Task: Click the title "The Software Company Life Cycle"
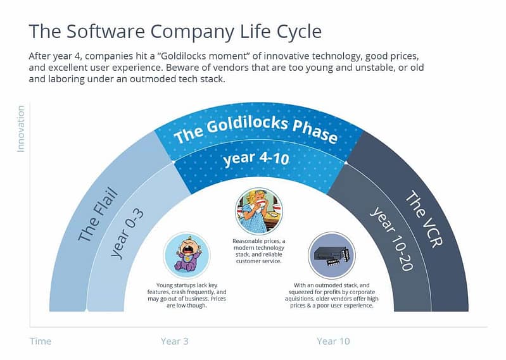pos(175,31)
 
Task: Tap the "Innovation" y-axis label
pos(20,129)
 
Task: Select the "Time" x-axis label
pos(40,341)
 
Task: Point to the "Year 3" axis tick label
pos(175,341)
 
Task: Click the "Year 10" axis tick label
pos(333,341)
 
